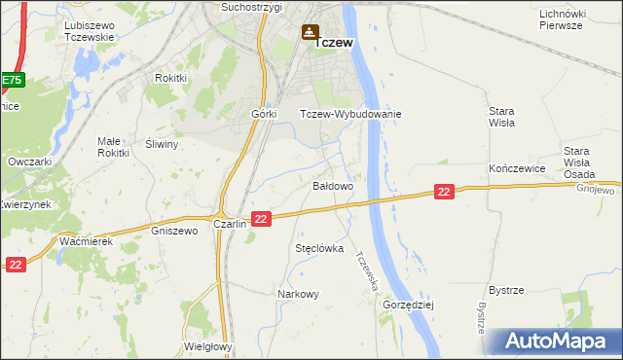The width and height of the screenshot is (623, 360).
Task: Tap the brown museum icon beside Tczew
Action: point(310,33)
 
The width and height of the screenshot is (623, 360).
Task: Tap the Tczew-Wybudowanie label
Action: point(350,114)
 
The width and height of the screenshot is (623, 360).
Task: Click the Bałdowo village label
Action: point(332,185)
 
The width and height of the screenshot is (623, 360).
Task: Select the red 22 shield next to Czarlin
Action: point(260,220)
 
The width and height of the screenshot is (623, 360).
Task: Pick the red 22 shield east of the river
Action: point(444,193)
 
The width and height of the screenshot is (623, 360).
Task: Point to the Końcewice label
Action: point(515,168)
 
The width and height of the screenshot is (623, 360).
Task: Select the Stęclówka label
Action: point(320,248)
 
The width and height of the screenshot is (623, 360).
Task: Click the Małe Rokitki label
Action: point(113,146)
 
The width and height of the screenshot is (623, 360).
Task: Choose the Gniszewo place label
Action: point(175,232)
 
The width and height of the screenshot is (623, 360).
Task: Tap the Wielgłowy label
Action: point(207,345)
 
